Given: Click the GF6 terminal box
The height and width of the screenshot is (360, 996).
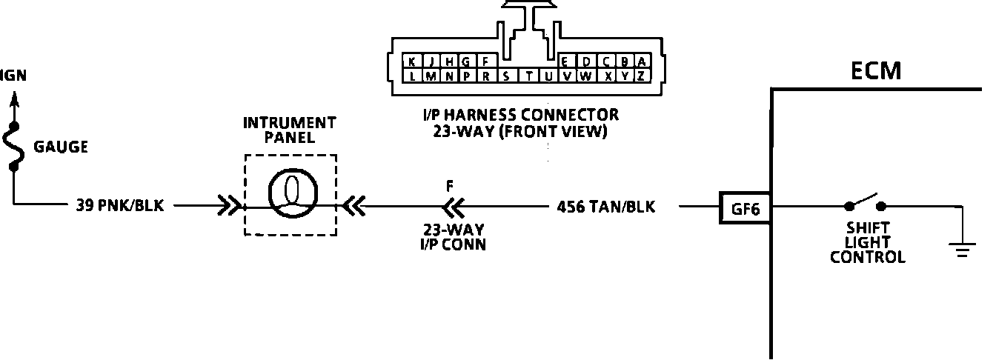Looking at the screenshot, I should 745,208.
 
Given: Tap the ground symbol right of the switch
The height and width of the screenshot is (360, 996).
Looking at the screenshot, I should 962,248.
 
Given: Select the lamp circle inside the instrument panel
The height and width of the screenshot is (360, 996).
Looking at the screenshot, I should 290,195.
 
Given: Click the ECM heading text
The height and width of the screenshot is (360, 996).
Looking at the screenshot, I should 877,70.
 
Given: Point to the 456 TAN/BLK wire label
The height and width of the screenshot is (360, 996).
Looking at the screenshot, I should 605,207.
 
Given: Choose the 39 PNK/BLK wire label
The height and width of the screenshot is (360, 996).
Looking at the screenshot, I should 119,206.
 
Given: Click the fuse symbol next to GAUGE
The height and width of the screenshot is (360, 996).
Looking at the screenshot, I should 14,146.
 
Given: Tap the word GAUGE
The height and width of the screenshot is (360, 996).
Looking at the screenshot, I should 61,147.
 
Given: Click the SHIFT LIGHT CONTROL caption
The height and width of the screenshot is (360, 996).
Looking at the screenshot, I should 867,242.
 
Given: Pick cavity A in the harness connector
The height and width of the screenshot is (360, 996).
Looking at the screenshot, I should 642,61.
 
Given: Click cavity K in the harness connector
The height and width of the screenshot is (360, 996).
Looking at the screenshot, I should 412,61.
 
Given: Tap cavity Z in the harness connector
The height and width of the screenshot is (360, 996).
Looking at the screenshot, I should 642,76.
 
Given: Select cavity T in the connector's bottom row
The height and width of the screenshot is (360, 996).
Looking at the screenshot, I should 529,76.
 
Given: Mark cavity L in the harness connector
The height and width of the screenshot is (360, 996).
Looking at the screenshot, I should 412,76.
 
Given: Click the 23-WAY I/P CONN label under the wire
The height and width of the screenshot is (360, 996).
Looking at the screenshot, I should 450,236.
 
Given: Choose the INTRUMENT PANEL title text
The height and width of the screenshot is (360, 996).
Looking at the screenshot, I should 290,130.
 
